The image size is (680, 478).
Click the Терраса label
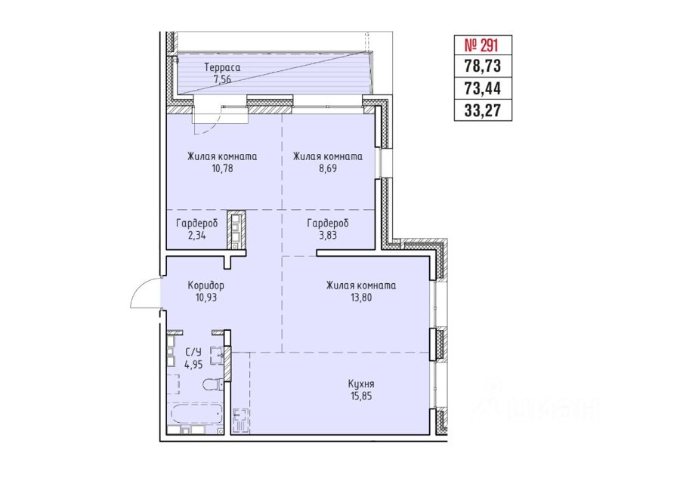pyautogui.click(x=222, y=68)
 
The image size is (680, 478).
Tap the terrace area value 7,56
pyautogui.click(x=222, y=79)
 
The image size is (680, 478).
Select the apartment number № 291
pyautogui.click(x=483, y=45)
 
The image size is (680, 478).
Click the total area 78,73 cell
pyautogui.click(x=483, y=66)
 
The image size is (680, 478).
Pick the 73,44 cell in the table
pyautogui.click(x=483, y=88)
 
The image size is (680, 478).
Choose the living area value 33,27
pyautogui.click(x=483, y=110)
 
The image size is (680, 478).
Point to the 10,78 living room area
pyautogui.click(x=222, y=168)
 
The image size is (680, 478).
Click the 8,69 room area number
pyautogui.click(x=327, y=168)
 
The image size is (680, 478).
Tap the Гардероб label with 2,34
pyautogui.click(x=197, y=224)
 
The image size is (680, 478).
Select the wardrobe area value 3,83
pyautogui.click(x=327, y=236)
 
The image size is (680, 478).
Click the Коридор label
pyautogui.click(x=206, y=285)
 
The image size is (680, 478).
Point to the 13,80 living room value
pyautogui.click(x=361, y=298)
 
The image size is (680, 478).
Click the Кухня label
pyautogui.click(x=361, y=384)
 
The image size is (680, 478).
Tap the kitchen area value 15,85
pyautogui.click(x=361, y=396)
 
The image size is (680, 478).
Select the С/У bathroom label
pyautogui.click(x=193, y=352)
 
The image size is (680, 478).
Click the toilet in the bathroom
pyautogui.click(x=213, y=384)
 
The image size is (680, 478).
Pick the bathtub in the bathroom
pyautogui.click(x=196, y=415)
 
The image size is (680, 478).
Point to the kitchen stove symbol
pyautogui.click(x=241, y=420)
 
